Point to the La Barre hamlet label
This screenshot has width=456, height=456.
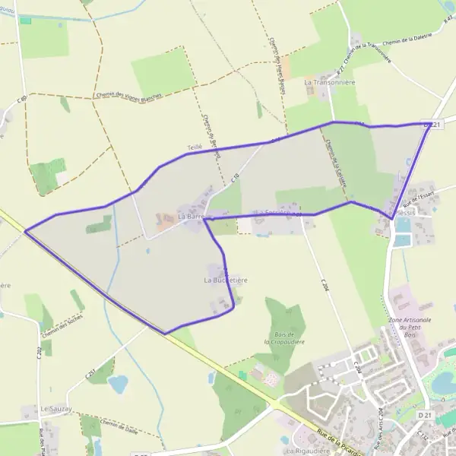click(x=192, y=217)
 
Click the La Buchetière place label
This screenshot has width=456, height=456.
click(x=226, y=280)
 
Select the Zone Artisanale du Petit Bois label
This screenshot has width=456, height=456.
click(x=410, y=326)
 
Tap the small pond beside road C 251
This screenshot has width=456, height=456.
click(x=119, y=384)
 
